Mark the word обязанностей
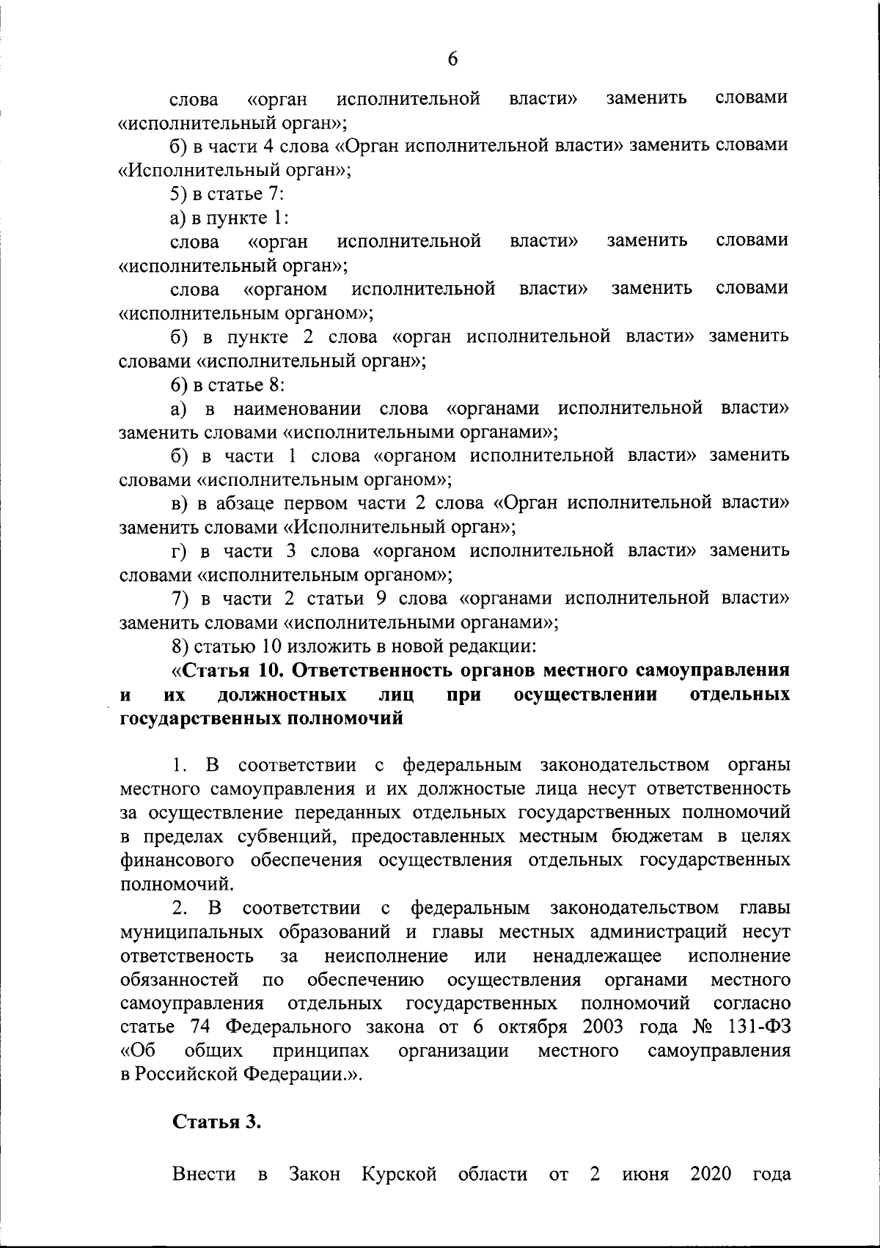pyautogui.click(x=179, y=980)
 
